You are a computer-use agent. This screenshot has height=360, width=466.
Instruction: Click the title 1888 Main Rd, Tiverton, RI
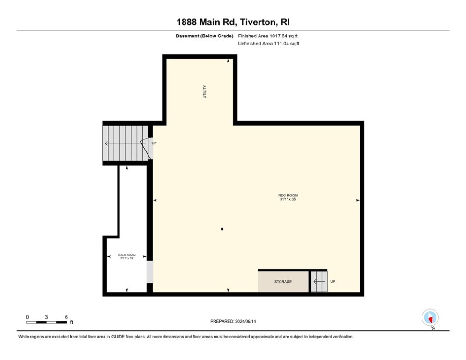(x=233, y=22)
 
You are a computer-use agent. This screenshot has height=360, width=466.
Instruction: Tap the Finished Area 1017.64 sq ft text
(x=268, y=36)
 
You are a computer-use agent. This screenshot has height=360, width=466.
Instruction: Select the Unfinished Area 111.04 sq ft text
(x=269, y=44)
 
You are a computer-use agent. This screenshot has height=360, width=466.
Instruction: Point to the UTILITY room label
(x=204, y=91)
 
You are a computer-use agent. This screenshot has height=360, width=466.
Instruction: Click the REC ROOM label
(x=288, y=195)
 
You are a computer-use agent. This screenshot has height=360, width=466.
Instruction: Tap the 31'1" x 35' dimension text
(x=288, y=200)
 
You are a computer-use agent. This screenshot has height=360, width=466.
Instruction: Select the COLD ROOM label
(x=127, y=255)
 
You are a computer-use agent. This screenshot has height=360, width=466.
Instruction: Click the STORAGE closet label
(x=283, y=282)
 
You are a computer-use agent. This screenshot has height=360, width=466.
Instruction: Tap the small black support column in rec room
(x=222, y=229)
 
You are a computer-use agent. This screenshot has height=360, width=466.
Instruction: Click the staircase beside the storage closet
(x=318, y=281)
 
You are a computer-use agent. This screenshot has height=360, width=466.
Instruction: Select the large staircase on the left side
(x=123, y=143)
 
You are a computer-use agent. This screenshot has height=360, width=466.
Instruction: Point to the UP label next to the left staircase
(x=154, y=143)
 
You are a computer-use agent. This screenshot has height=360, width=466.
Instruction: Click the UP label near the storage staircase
(x=333, y=281)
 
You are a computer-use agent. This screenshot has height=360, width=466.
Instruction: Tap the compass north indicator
(x=429, y=318)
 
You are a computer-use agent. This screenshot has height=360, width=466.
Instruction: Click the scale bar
(x=46, y=322)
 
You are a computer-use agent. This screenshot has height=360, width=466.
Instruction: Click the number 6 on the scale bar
(x=67, y=317)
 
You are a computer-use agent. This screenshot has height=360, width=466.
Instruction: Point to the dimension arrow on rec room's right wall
(x=358, y=200)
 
